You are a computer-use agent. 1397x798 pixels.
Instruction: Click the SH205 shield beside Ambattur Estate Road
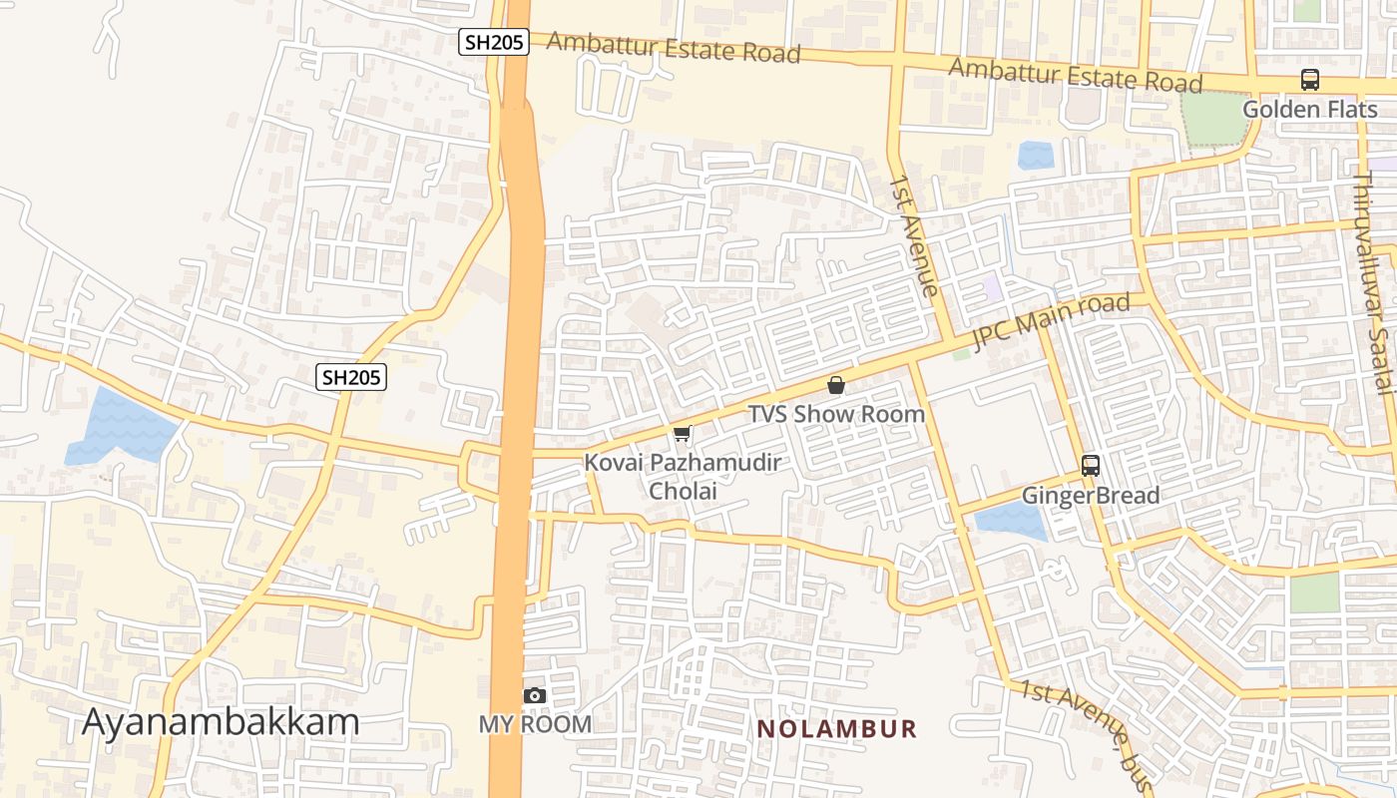(493, 42)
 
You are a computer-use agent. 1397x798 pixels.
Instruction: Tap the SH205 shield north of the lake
(351, 377)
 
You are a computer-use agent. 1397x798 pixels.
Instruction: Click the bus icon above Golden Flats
(1309, 80)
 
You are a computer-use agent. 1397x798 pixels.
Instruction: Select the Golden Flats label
(1309, 109)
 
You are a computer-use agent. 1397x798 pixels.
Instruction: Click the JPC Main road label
(1051, 321)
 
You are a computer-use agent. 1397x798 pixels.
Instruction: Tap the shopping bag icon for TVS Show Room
(836, 385)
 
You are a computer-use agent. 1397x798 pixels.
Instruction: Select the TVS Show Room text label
(836, 414)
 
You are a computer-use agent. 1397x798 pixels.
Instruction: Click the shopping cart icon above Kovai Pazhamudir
(683, 434)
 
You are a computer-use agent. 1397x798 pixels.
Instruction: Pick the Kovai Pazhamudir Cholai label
(683, 476)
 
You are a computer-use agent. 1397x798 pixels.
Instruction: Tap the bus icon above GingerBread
(1091, 466)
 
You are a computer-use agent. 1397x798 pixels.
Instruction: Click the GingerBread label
(1091, 496)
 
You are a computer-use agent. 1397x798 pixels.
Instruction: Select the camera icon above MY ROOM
(535, 695)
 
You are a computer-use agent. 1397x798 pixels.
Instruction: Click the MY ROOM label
(535, 724)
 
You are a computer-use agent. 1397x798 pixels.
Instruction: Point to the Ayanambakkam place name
(220, 721)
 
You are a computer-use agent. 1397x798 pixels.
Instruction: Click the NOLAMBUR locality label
(836, 729)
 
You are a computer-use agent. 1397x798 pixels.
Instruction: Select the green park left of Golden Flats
(1215, 119)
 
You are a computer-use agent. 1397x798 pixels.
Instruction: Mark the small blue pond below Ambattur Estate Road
(1036, 156)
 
